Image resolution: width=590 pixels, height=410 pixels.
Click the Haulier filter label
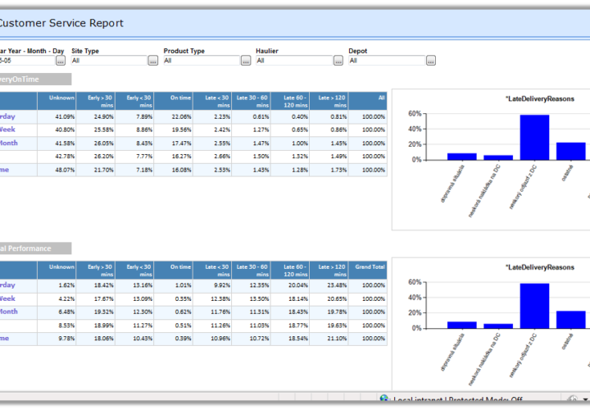click(x=266, y=51)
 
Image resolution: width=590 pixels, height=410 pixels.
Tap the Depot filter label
click(x=357, y=51)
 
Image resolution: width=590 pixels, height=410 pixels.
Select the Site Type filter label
click(x=85, y=51)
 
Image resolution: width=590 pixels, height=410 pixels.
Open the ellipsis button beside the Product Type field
click(x=245, y=61)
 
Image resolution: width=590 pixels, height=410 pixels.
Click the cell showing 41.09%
click(x=63, y=116)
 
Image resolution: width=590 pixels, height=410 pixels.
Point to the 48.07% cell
click(x=63, y=170)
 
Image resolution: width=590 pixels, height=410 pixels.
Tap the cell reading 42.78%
click(x=63, y=156)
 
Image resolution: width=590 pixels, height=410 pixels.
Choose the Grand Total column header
click(x=370, y=267)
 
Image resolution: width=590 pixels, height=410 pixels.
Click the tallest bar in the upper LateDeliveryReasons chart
click(x=534, y=137)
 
